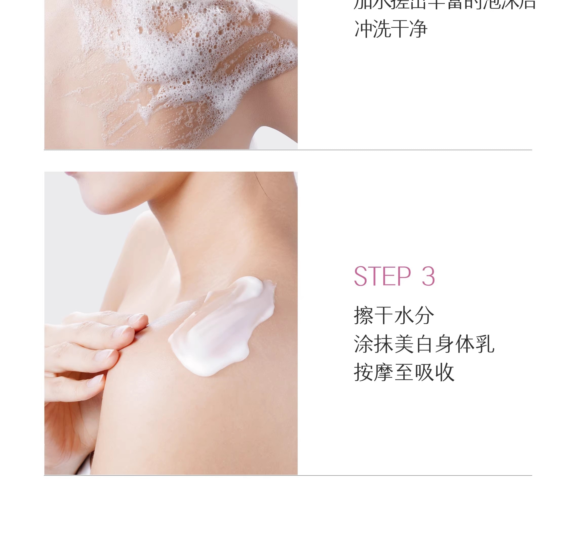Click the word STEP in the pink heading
[382, 276]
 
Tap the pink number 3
[428, 276]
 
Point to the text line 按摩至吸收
[404, 372]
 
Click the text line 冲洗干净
[391, 29]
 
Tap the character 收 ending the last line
[445, 372]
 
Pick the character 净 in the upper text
[418, 29]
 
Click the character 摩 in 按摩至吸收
[384, 372]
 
